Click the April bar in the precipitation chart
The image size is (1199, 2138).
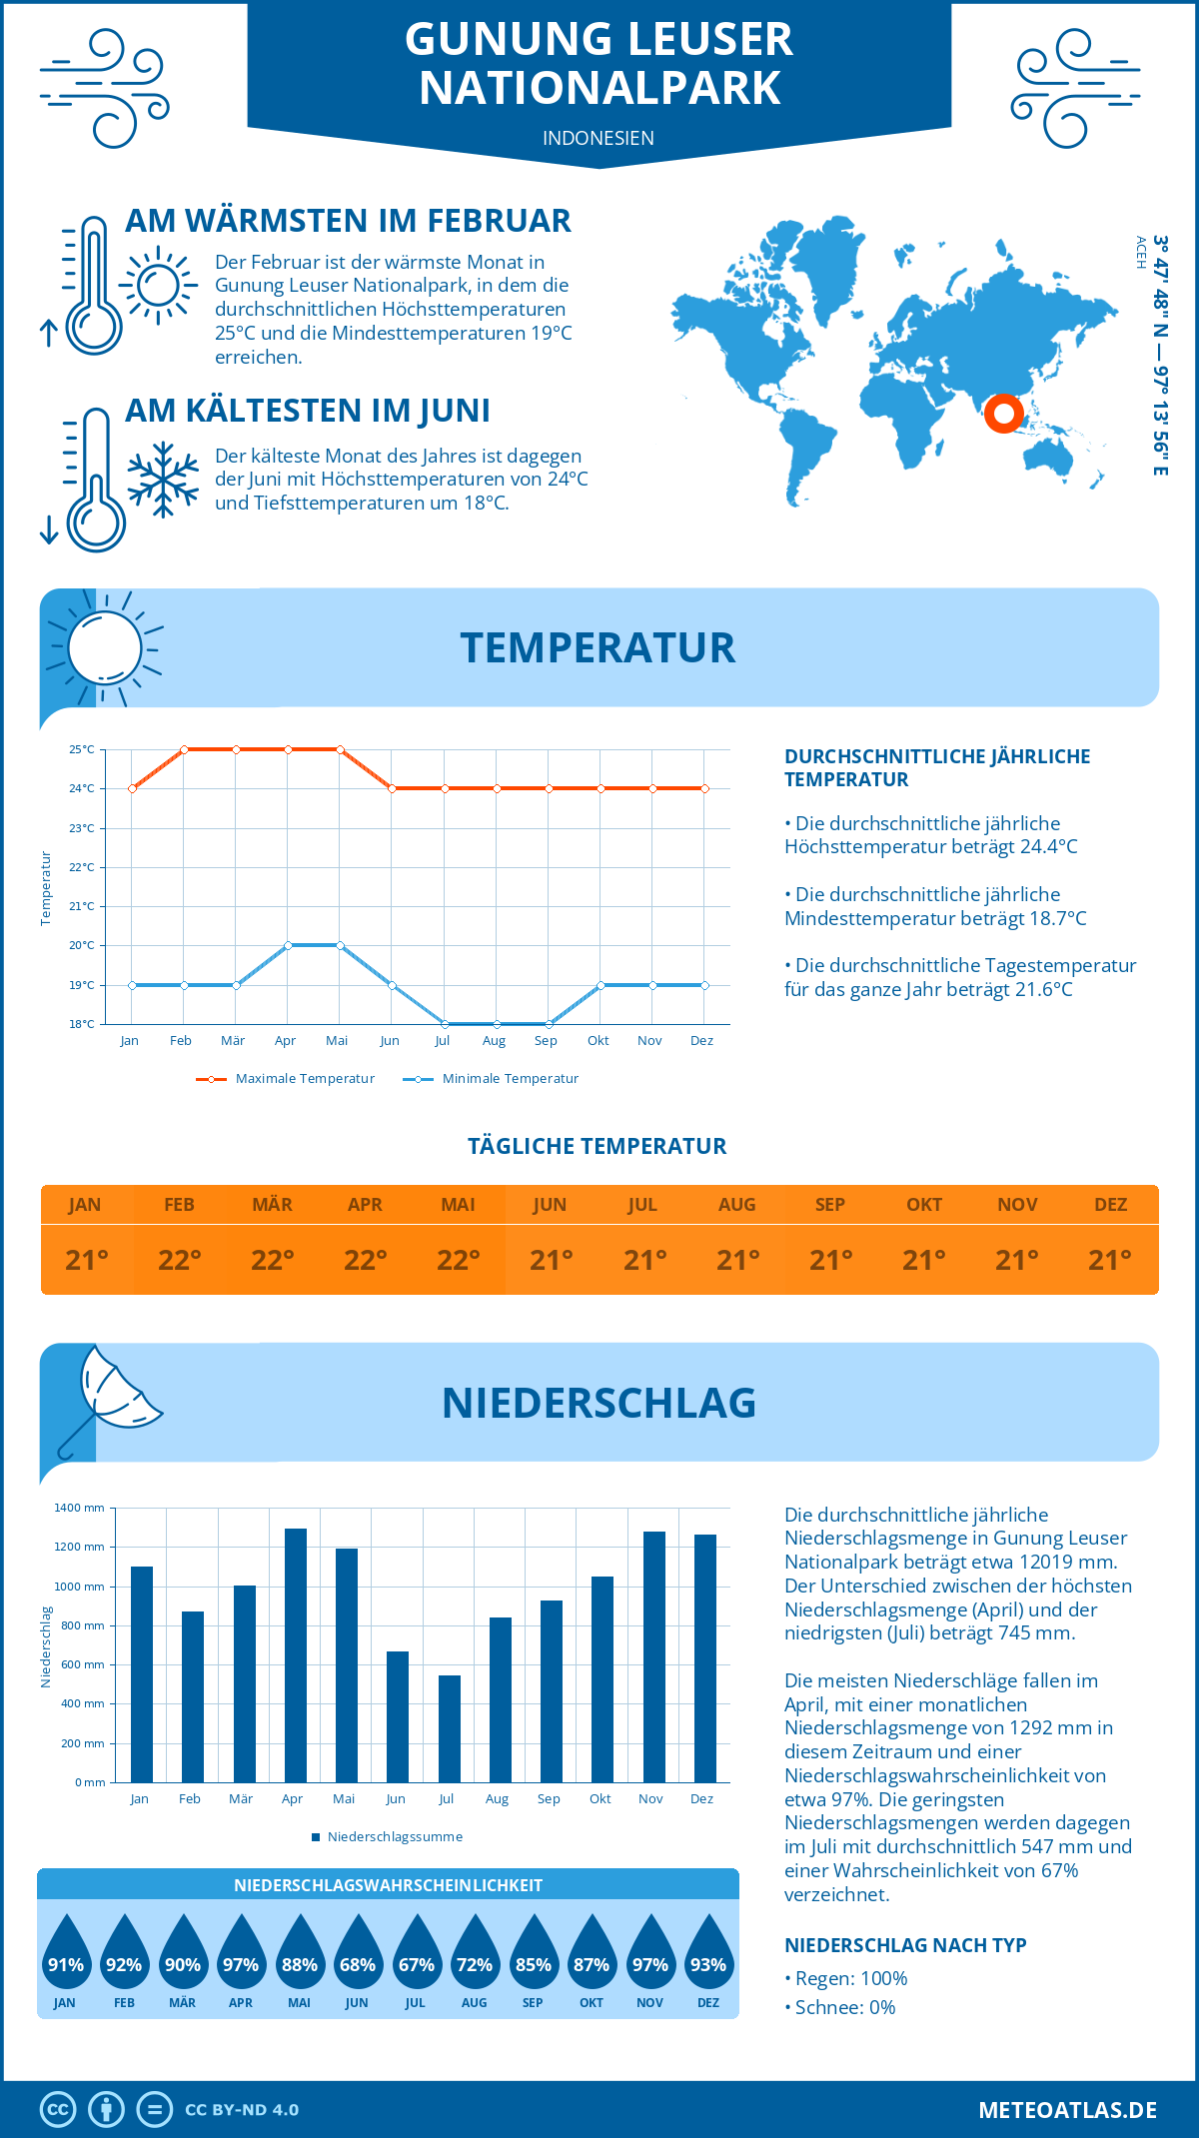[x=295, y=1655]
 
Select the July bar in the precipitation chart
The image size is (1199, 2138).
[x=449, y=1728]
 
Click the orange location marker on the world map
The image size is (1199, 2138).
[x=1003, y=413]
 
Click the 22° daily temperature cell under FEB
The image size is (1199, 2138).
[x=179, y=1260]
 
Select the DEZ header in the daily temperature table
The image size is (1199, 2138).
[x=1110, y=1205]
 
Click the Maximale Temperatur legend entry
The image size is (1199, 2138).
[x=286, y=1079]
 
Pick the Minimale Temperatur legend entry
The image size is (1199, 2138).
[x=491, y=1079]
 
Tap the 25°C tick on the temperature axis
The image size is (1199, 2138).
[x=82, y=749]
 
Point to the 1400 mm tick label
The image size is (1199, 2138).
[x=79, y=1508]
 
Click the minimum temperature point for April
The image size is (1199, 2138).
[x=288, y=945]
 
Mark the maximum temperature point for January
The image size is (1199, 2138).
[x=132, y=788]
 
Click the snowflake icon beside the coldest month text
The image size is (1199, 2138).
[x=163, y=479]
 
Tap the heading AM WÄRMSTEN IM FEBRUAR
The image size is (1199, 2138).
[x=348, y=221]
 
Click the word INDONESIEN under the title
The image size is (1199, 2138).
[x=599, y=138]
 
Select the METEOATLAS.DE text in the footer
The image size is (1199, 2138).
[x=1067, y=2110]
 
